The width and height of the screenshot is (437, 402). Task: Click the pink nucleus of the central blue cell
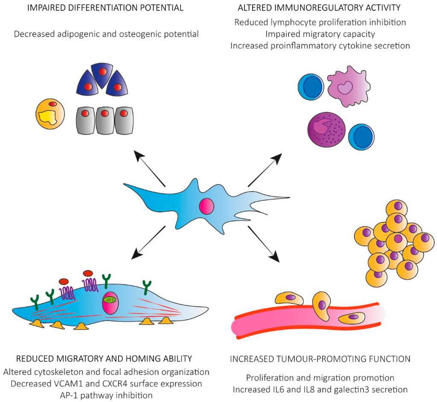[206, 206]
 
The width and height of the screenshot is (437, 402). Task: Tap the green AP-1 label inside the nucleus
[108, 300]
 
